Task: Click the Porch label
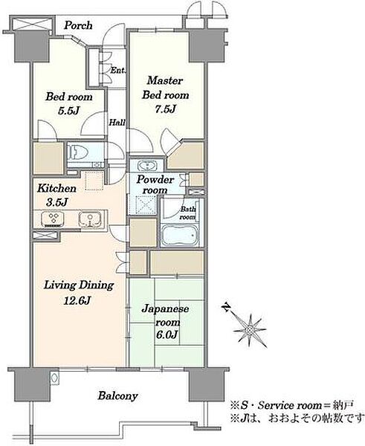[x=78, y=25]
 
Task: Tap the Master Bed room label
[x=165, y=88]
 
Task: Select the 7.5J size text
[x=165, y=109]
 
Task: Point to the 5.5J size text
[x=68, y=111]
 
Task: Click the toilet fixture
[x=77, y=152]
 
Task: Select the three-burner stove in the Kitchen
[x=53, y=219]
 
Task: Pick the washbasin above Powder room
[x=146, y=166]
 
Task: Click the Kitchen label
[x=57, y=188]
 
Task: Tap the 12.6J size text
[x=77, y=300]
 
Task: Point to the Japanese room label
[x=166, y=315]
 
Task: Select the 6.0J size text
[x=167, y=334]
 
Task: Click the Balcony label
[x=117, y=395]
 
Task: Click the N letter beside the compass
[x=227, y=307]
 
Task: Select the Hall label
[x=117, y=123]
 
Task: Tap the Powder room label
[x=155, y=185]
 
